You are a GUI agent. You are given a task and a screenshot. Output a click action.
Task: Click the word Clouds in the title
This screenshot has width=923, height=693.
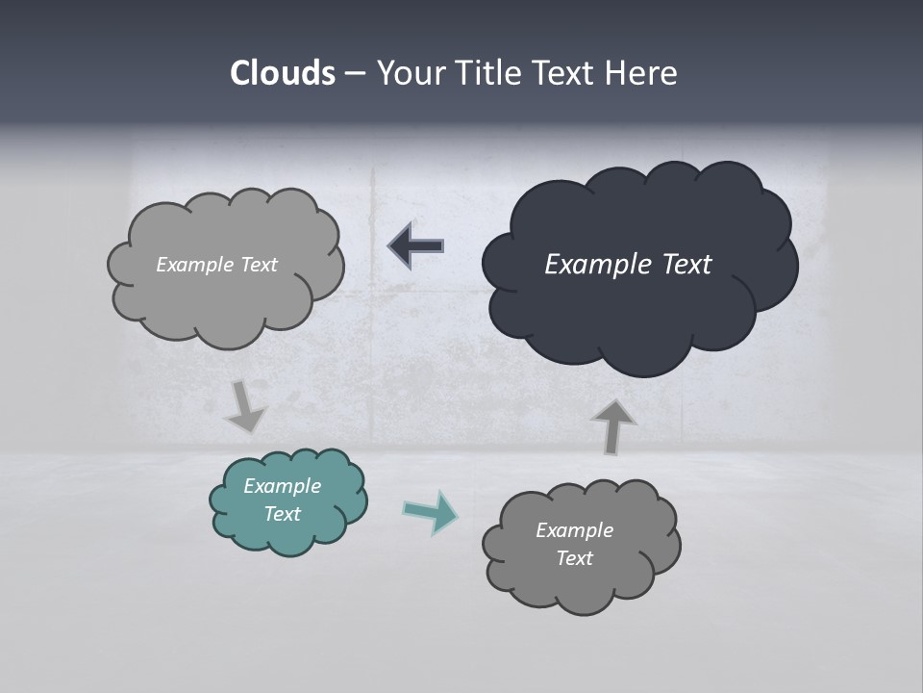pos(282,73)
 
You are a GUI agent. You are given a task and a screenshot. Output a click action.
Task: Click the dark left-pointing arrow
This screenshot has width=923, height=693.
pos(416,245)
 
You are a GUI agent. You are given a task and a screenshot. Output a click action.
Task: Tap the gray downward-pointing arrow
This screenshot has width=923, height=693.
pos(245,407)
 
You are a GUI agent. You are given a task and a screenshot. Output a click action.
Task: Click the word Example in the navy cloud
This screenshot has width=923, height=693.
pos(591,265)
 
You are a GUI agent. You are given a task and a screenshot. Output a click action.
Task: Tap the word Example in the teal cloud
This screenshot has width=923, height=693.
pos(283,486)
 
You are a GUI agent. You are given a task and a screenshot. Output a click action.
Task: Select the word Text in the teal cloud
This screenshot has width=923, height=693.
pos(283,514)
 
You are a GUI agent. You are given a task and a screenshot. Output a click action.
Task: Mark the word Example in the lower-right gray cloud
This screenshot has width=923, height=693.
pos(575,530)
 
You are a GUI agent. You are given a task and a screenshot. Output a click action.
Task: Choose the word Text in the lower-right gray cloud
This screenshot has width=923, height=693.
pos(575,558)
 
